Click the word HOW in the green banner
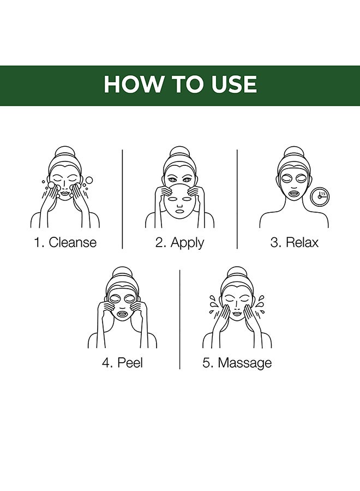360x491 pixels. point(134,84)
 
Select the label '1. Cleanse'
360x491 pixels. point(65,242)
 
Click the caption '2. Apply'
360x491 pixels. point(179,243)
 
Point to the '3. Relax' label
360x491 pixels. point(294,242)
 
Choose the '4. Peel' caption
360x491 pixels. point(122,363)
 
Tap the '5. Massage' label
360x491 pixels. point(237,363)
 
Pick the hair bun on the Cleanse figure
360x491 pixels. point(64,153)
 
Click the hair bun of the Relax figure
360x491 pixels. point(293,153)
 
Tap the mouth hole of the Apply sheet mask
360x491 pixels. point(179,211)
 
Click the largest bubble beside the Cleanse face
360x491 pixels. point(89,181)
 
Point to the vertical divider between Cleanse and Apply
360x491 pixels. point(122,199)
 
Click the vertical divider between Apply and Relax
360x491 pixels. point(237,199)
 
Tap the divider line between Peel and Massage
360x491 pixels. point(179,319)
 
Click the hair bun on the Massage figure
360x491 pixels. point(237,274)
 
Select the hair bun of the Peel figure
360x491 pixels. point(122,274)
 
